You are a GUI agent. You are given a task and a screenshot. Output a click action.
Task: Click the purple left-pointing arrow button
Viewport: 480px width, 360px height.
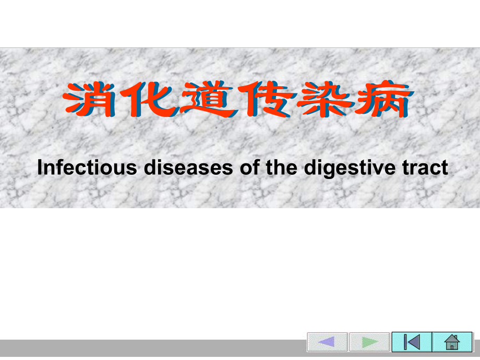click(x=327, y=342)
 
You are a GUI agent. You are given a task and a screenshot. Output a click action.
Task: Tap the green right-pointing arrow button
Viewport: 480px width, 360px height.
click(x=369, y=342)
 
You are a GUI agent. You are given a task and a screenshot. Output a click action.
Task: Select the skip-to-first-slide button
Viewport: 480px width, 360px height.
click(x=412, y=342)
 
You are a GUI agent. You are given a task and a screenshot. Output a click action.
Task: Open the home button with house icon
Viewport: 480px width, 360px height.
click(x=452, y=342)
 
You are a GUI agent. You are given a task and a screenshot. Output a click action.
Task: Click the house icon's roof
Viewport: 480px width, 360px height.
click(x=452, y=338)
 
